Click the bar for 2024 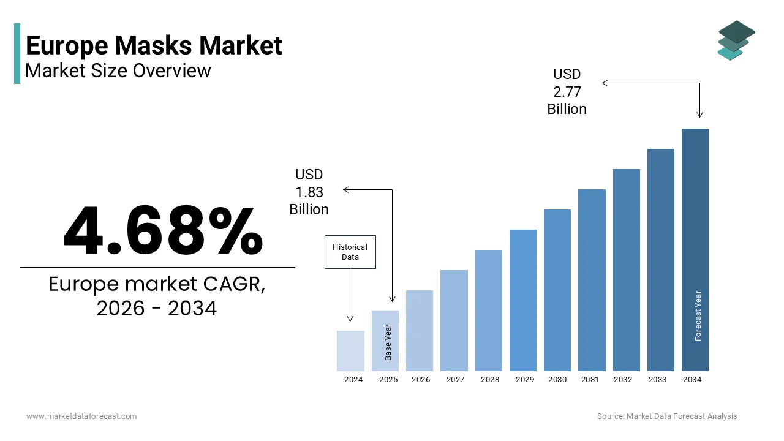click(x=350, y=351)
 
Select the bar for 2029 click(x=522, y=300)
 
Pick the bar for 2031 click(x=592, y=280)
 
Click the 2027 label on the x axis click(x=455, y=380)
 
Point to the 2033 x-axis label click(x=657, y=380)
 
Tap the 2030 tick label click(x=557, y=380)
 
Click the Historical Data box click(x=350, y=252)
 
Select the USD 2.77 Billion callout click(x=567, y=91)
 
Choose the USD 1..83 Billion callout click(x=309, y=192)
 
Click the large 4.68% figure click(x=163, y=231)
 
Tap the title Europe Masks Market click(x=154, y=46)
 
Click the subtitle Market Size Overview click(x=118, y=70)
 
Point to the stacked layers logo click(x=736, y=40)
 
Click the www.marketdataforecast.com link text click(x=81, y=417)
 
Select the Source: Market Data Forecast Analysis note click(x=667, y=417)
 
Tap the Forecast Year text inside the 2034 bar click(x=698, y=315)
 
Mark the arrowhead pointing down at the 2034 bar click(x=699, y=115)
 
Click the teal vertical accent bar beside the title click(x=17, y=53)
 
